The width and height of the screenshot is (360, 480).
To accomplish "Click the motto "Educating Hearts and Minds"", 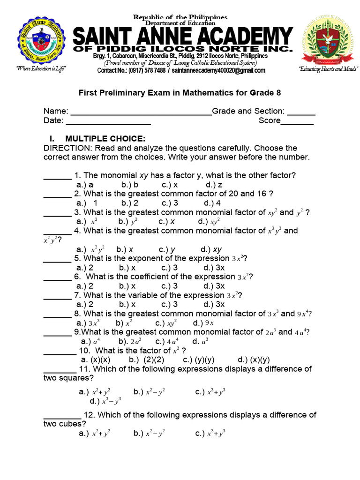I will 328,69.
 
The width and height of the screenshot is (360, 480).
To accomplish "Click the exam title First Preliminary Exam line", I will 180,93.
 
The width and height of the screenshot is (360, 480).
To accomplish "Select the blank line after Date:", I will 108,121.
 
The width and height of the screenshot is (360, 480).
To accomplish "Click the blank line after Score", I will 297,121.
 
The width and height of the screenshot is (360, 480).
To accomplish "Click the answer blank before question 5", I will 57,259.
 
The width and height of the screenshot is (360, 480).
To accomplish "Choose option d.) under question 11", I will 105,401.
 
